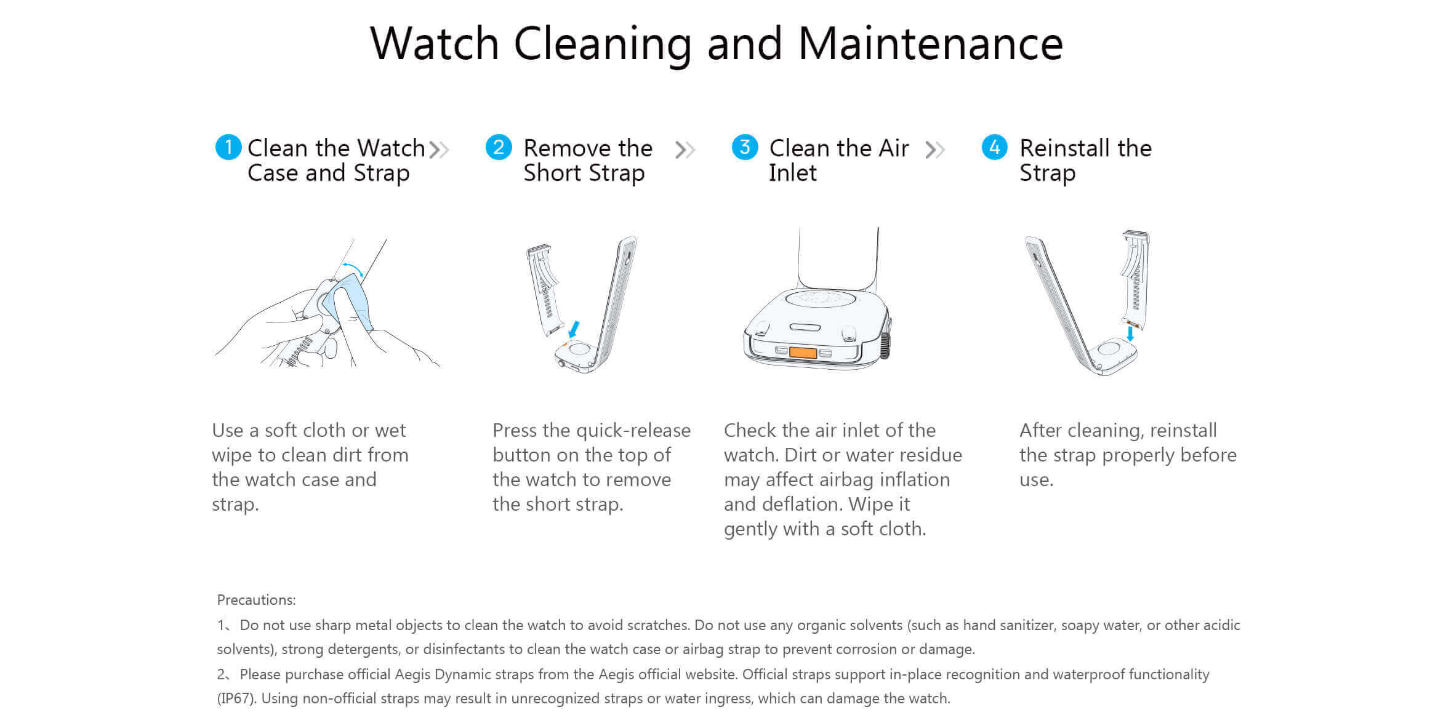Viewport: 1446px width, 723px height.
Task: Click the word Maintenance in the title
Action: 930,44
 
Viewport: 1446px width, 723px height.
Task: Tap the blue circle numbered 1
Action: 228,147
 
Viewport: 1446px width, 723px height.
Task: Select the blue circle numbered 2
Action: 498,147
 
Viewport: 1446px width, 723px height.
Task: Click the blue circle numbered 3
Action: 744,147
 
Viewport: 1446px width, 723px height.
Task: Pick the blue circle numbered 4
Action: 994,147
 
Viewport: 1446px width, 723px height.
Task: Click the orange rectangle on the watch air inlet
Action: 803,353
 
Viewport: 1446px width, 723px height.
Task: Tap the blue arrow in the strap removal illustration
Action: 574,329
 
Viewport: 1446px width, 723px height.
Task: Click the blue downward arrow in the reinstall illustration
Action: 1130,334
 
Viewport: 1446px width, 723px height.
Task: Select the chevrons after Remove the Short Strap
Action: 685,150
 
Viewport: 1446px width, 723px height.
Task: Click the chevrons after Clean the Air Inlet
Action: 934,150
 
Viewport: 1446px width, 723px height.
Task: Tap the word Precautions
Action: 256,600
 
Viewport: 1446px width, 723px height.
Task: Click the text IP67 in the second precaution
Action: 236,698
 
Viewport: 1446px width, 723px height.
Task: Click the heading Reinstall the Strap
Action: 1085,160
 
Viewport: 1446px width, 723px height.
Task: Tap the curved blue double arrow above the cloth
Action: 353,268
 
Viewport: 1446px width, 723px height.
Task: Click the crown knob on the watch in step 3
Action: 885,346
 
